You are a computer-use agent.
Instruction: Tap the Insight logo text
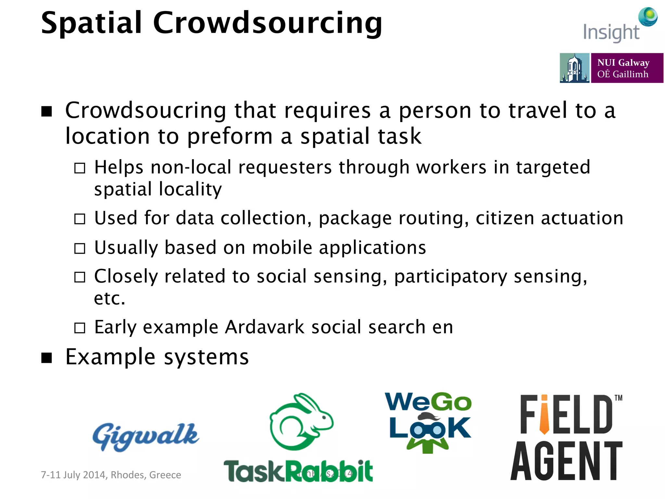[611, 33]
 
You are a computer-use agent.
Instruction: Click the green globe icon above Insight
[648, 16]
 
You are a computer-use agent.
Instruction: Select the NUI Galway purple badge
[627, 68]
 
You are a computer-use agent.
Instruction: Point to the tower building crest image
[574, 68]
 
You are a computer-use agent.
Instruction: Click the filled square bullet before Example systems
[47, 357]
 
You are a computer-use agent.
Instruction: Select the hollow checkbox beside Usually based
[80, 249]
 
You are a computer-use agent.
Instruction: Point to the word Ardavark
[264, 327]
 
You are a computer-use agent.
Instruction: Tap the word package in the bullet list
[355, 218]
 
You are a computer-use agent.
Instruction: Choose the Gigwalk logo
[146, 437]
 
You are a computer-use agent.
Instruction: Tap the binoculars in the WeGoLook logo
[428, 430]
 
